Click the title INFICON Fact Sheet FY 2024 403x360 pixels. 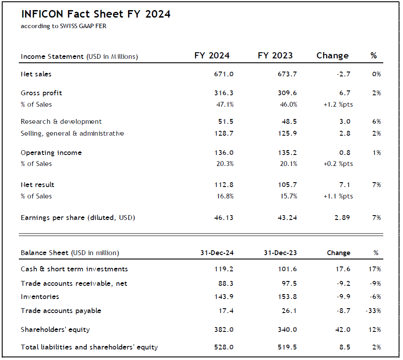[96, 14]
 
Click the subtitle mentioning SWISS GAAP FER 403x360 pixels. [64, 26]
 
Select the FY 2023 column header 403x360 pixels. [275, 56]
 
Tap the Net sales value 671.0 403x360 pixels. [224, 74]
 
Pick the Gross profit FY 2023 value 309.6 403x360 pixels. [288, 93]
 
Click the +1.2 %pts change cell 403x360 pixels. [338, 104]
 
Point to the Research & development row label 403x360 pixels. [61, 122]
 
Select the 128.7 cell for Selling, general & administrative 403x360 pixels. [224, 133]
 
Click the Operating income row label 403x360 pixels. [51, 153]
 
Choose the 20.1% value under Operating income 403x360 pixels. [289, 164]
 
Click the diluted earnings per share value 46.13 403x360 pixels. [223, 218]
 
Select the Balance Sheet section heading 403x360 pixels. [70, 253]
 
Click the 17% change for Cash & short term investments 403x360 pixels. [375, 269]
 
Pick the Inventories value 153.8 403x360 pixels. [288, 297]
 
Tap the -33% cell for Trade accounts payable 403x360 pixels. [373, 311]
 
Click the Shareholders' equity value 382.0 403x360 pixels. [224, 330]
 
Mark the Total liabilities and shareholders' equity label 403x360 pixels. [89, 347]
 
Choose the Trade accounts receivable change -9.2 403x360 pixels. [343, 284]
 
